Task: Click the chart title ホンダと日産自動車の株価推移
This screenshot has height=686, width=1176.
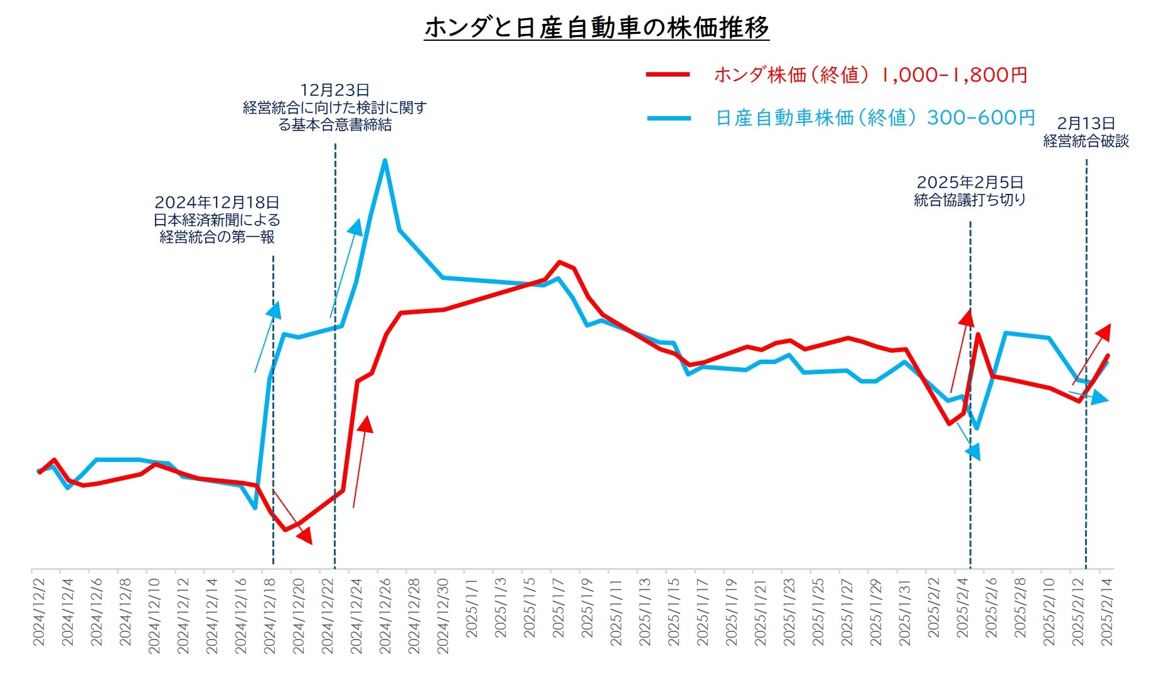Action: click(596, 28)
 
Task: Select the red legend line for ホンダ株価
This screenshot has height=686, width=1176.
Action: click(668, 75)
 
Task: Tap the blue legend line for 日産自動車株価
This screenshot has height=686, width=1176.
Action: click(669, 118)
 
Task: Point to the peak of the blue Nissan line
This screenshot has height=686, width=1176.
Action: click(385, 161)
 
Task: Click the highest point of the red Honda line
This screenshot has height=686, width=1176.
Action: click(559, 262)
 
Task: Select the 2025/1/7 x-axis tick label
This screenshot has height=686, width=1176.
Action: click(558, 608)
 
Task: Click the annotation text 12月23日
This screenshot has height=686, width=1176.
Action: click(334, 90)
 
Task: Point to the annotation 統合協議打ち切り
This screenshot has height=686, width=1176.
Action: click(970, 200)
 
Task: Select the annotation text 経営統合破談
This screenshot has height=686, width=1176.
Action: click(1086, 141)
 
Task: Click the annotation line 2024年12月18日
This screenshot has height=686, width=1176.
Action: click(216, 203)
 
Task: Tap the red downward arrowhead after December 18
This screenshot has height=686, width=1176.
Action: click(306, 537)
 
